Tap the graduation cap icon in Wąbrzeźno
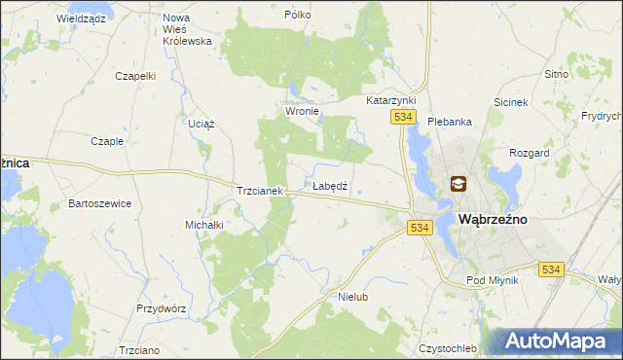point(458,183)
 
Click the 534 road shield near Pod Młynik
point(551,269)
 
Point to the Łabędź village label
point(330,185)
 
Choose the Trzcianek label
point(259,192)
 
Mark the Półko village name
point(297,16)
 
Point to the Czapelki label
point(135,76)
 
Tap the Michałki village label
point(204,225)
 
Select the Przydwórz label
point(161,307)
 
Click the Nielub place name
point(352,296)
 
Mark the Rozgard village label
point(530,153)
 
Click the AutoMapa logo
point(557,341)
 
